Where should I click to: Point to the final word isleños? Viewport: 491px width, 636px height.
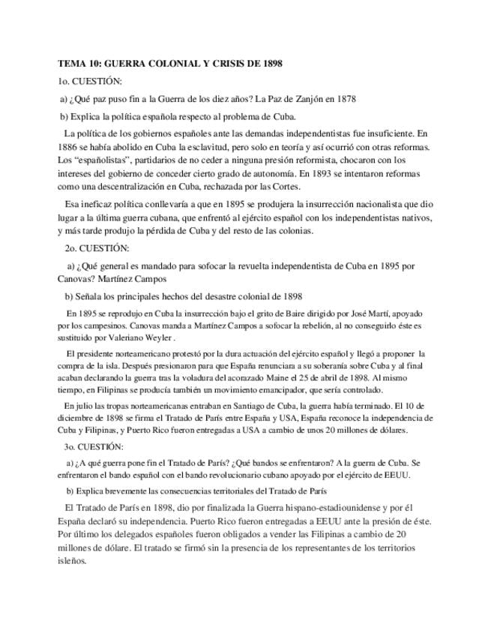pyautogui.click(x=72, y=561)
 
